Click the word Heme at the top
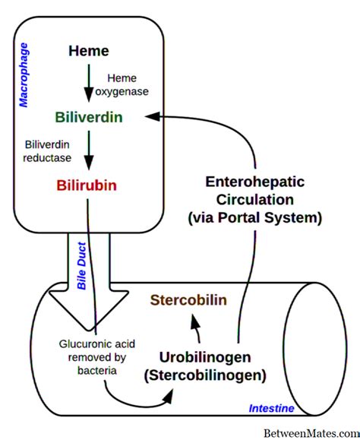(88, 52)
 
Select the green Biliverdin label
(89, 119)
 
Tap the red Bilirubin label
(89, 185)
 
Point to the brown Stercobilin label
(188, 299)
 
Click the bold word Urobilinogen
(204, 357)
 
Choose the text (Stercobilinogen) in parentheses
(204, 375)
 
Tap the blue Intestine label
(272, 409)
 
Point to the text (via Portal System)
(254, 217)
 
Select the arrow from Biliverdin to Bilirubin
(88, 151)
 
